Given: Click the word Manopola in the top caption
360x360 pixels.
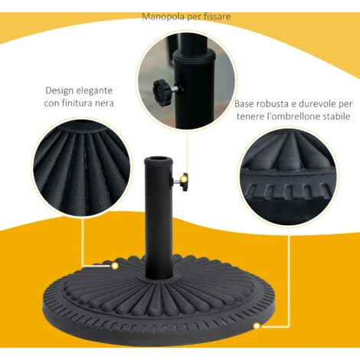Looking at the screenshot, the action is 163,17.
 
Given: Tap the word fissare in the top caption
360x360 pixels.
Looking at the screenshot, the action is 218,17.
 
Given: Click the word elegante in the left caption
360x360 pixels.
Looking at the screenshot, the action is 95,91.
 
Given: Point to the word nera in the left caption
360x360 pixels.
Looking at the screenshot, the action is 104,103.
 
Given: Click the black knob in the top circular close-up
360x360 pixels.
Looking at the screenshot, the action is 162,89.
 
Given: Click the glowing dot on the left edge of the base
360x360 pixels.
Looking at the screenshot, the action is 115,266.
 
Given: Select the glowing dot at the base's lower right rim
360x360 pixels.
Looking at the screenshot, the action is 257,326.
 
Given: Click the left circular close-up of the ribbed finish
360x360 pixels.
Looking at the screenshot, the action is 81,168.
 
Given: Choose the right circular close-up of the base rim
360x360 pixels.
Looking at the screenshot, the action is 290,177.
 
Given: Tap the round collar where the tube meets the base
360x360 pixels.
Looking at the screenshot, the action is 159,277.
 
